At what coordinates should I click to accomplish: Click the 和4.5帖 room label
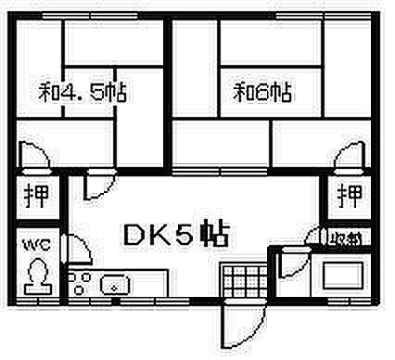tap(83, 93)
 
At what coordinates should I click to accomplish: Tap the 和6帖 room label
tap(263, 92)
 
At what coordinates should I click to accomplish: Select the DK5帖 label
tap(177, 235)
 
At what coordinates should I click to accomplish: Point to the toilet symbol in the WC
tap(37, 276)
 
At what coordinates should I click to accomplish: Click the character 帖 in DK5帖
tap(214, 235)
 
